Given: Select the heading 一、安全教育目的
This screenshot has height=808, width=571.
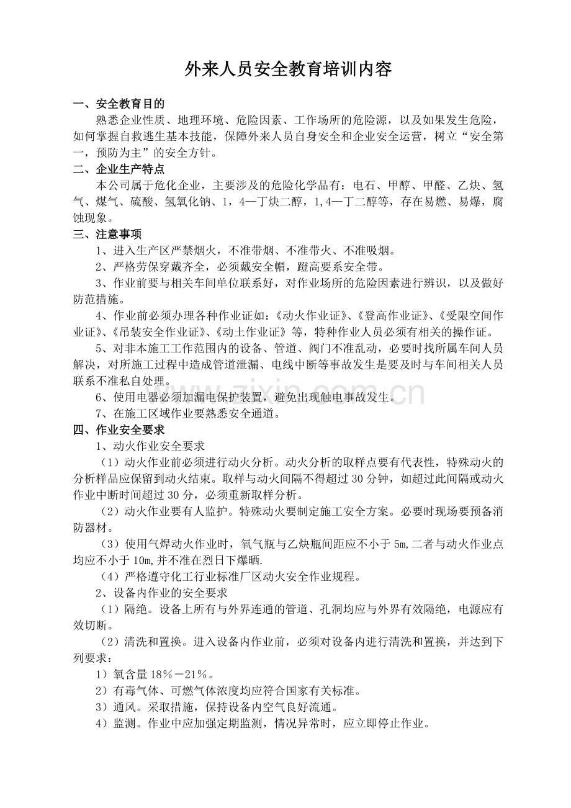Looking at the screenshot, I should pyautogui.click(x=119, y=104).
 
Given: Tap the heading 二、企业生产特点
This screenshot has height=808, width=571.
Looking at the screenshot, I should pyautogui.click(x=119, y=169).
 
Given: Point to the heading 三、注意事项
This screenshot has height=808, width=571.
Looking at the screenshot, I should pyautogui.click(x=107, y=234).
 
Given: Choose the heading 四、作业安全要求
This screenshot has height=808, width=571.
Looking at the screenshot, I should pyautogui.click(x=119, y=429).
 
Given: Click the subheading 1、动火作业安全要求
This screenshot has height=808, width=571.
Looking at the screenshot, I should pyautogui.click(x=149, y=446).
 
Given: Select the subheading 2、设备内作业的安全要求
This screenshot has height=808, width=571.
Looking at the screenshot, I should pyautogui.click(x=161, y=593).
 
